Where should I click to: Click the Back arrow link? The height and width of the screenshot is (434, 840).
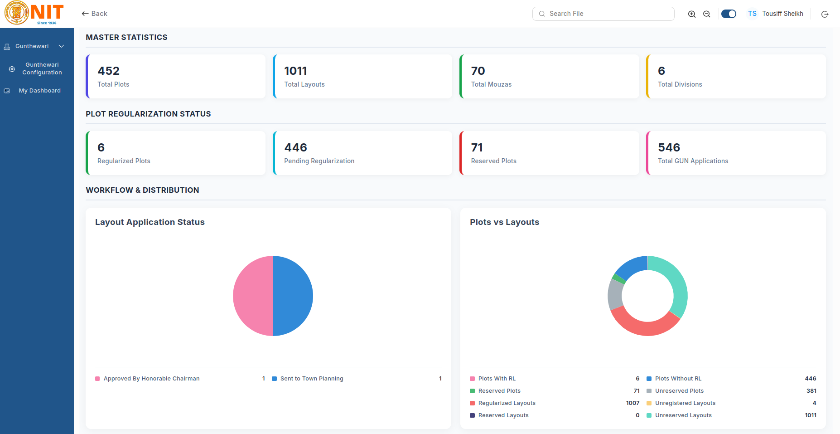(94, 14)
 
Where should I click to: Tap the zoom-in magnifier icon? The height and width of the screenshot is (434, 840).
(692, 14)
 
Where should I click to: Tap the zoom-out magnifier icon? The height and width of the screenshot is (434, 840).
(707, 14)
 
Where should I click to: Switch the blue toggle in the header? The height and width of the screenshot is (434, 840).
(729, 14)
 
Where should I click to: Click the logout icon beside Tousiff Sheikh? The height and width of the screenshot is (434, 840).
(825, 14)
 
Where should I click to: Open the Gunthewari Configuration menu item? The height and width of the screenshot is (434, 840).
(42, 68)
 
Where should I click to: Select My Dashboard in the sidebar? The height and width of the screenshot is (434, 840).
(40, 91)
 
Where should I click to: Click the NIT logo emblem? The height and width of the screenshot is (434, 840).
(17, 13)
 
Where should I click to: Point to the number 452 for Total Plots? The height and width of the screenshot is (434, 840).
(109, 71)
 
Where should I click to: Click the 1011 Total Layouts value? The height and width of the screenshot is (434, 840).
(296, 71)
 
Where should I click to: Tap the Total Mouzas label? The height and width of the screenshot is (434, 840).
(491, 84)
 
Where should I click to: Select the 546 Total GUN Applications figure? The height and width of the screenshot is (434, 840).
(669, 147)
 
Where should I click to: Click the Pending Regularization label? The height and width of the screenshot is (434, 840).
(319, 161)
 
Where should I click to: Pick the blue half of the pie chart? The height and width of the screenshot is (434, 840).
(293, 296)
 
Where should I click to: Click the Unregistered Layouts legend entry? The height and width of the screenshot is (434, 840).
(685, 403)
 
